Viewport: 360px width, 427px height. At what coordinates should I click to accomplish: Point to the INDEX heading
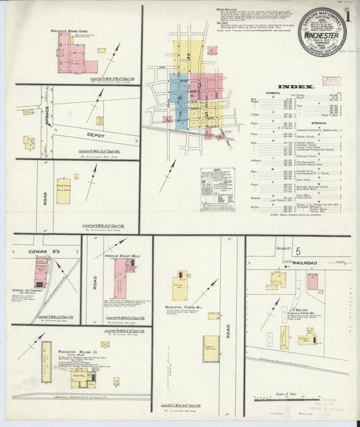[297, 87]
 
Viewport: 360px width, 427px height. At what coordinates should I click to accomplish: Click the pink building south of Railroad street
[313, 282]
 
